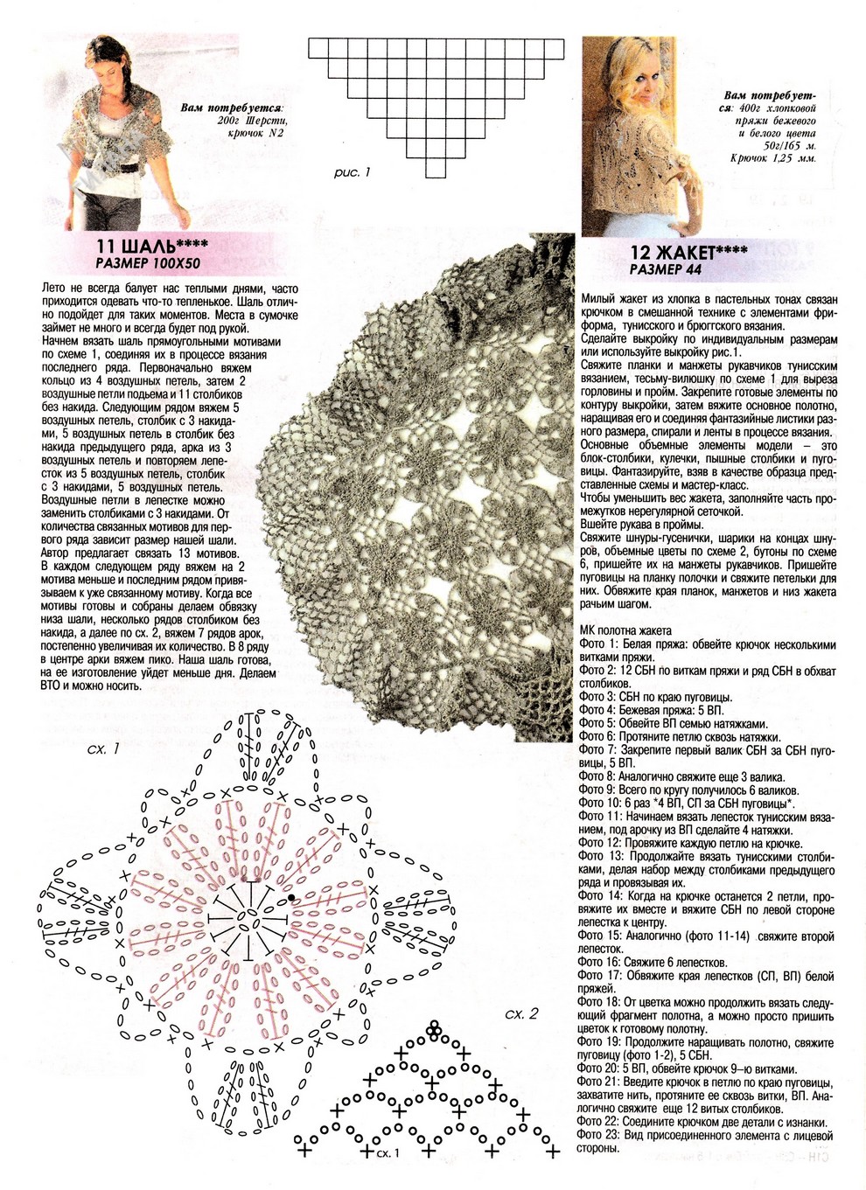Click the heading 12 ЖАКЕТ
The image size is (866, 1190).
[688, 253]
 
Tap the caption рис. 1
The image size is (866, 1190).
[352, 173]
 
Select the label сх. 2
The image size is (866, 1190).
[521, 1013]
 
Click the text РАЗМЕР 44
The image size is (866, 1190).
[666, 270]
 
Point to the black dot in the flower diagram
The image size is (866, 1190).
[290, 898]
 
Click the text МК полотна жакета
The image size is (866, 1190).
[625, 630]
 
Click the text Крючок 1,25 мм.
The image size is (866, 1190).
[773, 159]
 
